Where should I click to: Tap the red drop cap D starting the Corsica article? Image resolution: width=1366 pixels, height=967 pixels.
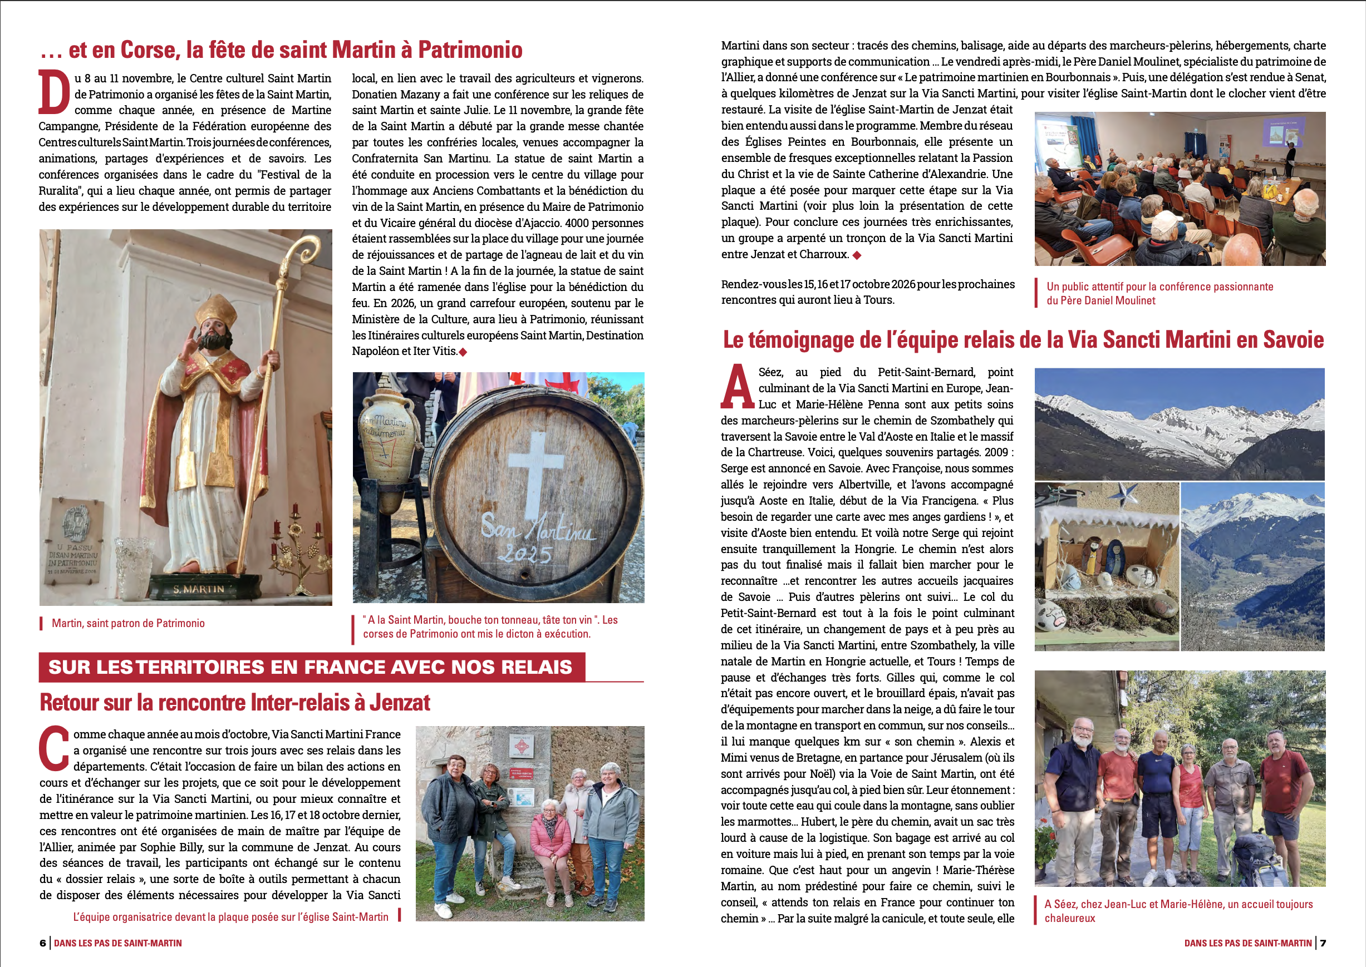pos(54,93)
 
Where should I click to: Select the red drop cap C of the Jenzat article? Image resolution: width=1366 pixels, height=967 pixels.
pos(54,748)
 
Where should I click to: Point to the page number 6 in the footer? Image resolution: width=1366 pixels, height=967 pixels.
pos(42,943)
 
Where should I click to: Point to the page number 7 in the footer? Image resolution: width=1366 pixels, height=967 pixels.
pos(1323,943)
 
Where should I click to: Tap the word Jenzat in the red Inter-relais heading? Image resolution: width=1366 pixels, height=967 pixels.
pos(400,703)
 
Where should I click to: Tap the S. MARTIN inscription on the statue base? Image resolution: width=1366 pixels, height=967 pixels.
pos(198,589)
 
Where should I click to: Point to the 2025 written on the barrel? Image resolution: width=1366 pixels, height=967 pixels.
pos(525,554)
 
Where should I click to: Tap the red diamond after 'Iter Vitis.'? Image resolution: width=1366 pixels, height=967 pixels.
pos(463,352)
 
